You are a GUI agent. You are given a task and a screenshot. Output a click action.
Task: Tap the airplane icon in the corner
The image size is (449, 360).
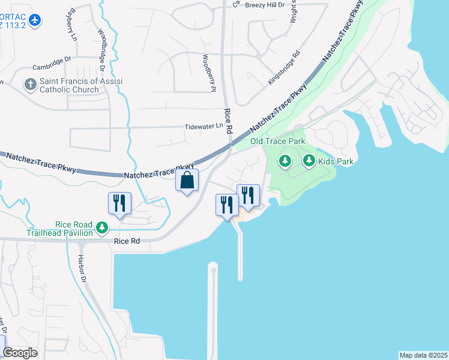[35, 20]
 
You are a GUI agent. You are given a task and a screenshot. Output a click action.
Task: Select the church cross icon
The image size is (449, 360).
[31, 84]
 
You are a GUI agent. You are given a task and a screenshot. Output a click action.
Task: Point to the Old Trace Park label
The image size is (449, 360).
[277, 141]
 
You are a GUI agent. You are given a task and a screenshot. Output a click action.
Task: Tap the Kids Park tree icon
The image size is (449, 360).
[309, 160]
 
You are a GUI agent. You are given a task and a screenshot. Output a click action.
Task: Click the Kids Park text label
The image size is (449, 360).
[336, 161]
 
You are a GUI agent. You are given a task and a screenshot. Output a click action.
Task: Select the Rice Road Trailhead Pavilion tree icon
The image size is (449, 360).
[103, 227]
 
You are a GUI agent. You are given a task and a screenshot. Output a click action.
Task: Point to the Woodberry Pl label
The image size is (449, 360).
[208, 73]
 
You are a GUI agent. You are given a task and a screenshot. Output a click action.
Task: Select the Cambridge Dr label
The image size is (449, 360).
[52, 68]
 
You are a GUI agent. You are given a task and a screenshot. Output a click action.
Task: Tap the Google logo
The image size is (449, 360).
[20, 353]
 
